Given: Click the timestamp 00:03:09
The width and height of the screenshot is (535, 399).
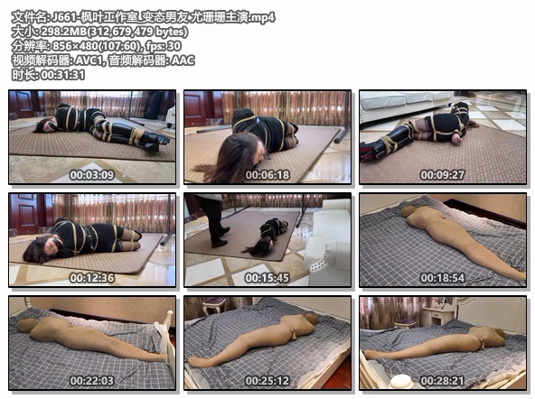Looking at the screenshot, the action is (x=92, y=175).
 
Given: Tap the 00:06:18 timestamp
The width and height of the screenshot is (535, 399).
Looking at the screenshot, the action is (x=267, y=175).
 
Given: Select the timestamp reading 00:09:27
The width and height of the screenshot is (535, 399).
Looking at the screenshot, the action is (x=443, y=175).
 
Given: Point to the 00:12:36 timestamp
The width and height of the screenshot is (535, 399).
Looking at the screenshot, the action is (x=92, y=278).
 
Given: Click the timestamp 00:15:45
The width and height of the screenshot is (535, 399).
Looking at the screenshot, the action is (x=267, y=278).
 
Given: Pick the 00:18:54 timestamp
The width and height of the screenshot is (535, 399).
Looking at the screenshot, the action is (x=443, y=278).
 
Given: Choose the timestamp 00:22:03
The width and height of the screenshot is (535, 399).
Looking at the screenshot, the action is (x=92, y=381).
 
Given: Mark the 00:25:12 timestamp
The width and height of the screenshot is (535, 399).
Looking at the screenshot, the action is (x=267, y=381).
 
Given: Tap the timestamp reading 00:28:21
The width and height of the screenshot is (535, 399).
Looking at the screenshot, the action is (x=443, y=381).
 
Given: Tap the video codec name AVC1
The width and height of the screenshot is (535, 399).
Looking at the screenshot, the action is (x=89, y=60).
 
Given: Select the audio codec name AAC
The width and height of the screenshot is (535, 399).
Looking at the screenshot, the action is (x=183, y=60).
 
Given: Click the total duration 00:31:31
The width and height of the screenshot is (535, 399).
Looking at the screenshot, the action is (x=62, y=75).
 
